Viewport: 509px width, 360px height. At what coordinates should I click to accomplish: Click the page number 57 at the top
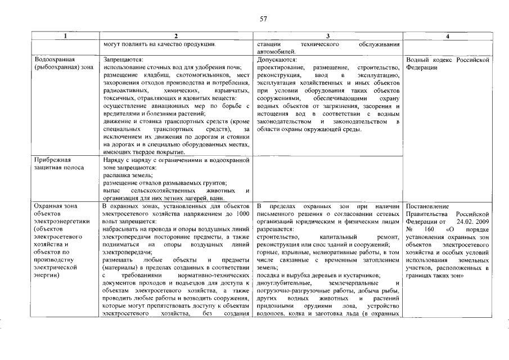263,19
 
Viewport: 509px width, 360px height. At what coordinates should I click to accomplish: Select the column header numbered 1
66,36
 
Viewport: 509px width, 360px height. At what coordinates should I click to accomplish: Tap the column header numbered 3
327,36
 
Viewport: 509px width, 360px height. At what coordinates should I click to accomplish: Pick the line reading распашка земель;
125,175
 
